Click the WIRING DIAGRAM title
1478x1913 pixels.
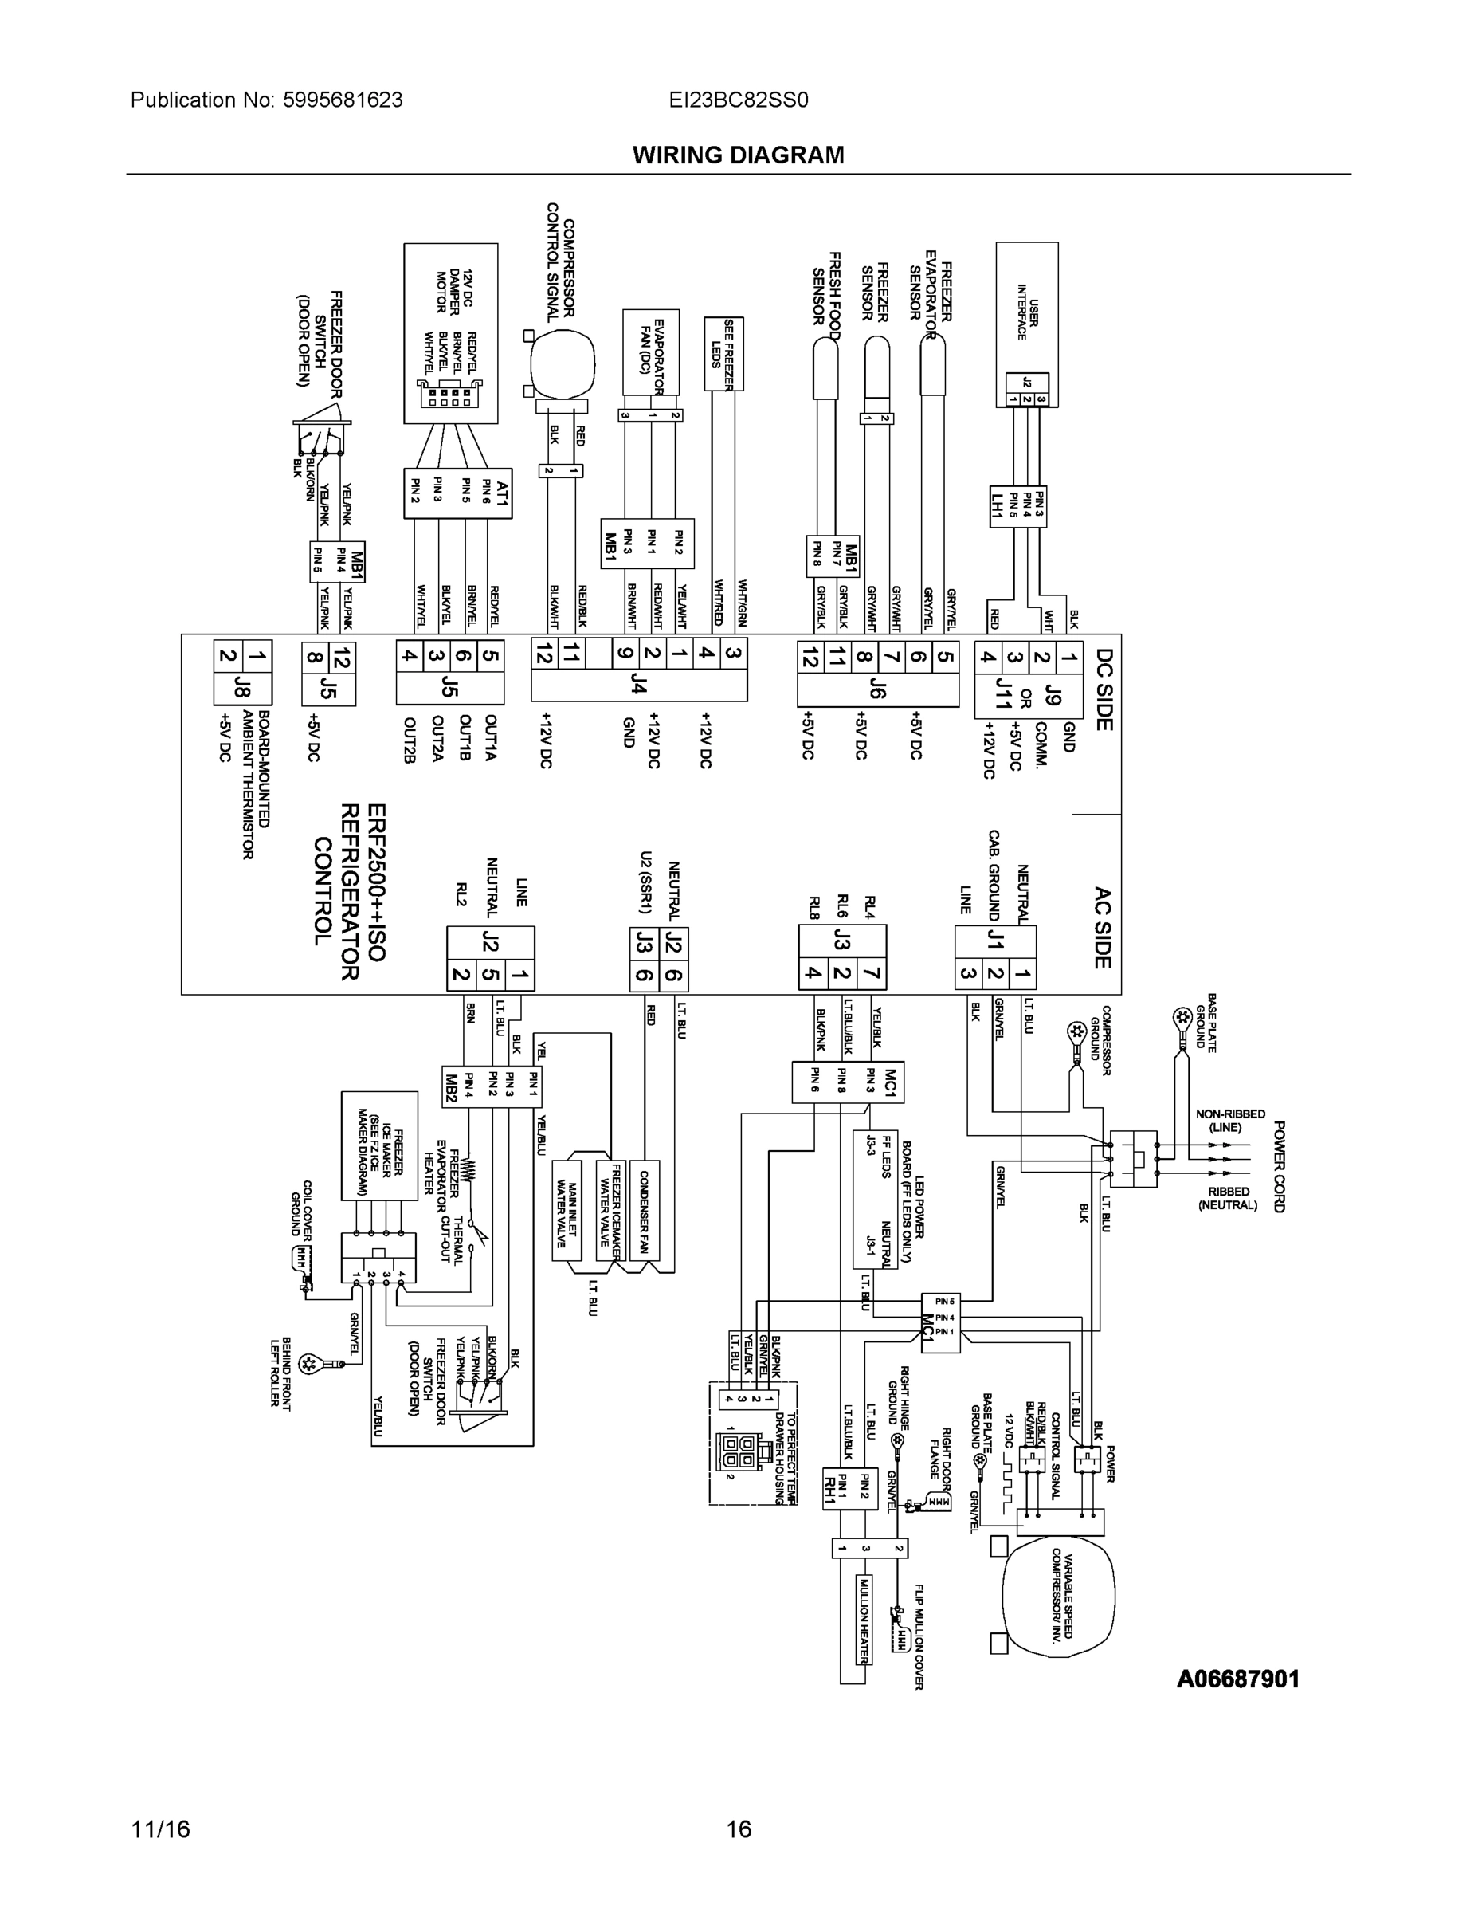point(738,155)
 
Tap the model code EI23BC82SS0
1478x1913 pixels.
point(738,100)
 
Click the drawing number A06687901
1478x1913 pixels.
point(1237,1679)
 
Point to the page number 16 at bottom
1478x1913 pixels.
point(738,1829)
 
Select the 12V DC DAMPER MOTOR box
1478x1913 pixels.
point(450,333)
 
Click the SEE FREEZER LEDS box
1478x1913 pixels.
point(723,354)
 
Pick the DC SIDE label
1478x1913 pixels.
point(1104,689)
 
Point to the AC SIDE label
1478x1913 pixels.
point(1103,929)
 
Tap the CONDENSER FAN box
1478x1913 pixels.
point(644,1212)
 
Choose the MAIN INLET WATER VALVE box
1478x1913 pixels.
point(567,1212)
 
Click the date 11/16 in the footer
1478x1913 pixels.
point(160,1829)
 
